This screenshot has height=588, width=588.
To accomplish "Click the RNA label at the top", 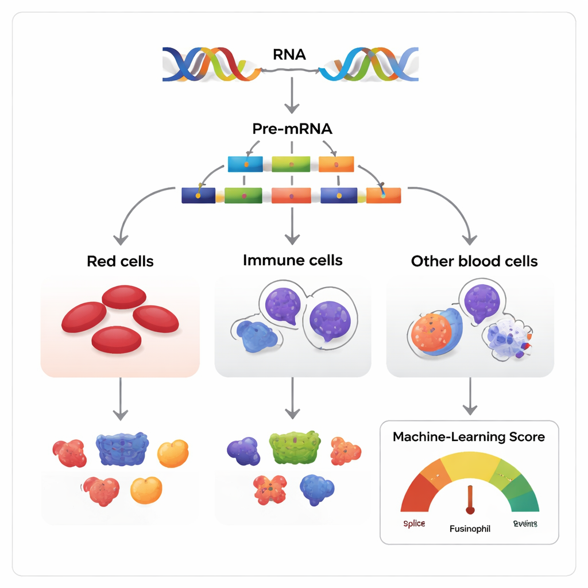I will point(290,55).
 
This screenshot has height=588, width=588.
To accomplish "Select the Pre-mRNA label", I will point(292,129).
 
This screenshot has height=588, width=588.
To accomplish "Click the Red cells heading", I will point(120,261).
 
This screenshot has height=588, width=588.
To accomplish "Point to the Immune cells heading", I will point(292,260).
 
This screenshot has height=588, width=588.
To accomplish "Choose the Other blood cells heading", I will point(474,261).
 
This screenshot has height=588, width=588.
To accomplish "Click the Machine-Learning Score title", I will point(469,437).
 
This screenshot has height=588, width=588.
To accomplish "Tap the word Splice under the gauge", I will point(413,524).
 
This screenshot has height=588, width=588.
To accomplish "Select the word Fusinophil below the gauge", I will point(470,528).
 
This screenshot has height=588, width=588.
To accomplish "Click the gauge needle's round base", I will point(470,509).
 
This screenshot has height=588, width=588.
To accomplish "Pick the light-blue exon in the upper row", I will point(245,164).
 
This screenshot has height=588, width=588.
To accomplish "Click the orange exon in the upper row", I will point(336,164).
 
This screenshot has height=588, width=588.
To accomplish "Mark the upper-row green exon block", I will point(291,164).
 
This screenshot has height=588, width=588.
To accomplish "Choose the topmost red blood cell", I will point(124,296).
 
